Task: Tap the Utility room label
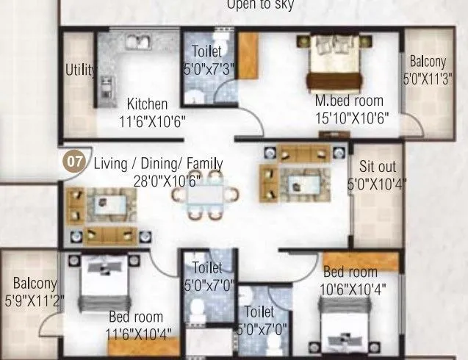coord(80,70)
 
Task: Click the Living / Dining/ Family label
coord(159,163)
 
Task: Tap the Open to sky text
coord(260,5)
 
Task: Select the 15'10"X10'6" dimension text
coord(350,118)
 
